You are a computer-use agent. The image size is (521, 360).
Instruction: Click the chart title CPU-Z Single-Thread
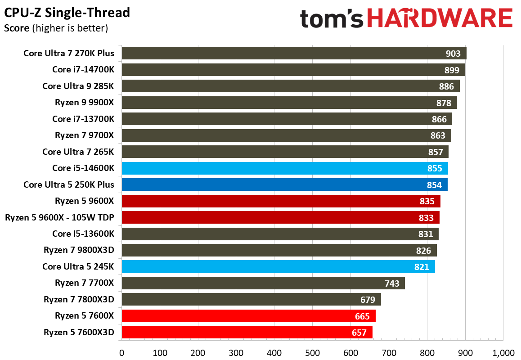click(67, 13)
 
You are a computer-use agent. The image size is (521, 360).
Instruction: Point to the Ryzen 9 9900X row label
click(85, 103)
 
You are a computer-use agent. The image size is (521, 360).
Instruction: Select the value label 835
click(427, 201)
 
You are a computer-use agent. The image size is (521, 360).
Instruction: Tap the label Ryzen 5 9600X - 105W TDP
click(59, 218)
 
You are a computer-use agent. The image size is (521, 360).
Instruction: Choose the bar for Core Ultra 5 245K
click(278, 266)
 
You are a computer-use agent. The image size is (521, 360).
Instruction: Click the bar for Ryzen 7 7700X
click(263, 283)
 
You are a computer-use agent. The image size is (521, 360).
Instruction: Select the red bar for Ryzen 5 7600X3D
click(247, 332)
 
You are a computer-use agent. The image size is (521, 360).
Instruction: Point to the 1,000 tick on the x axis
click(503, 353)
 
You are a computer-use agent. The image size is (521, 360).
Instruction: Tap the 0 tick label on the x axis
click(121, 353)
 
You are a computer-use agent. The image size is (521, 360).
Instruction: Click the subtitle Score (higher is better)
click(56, 28)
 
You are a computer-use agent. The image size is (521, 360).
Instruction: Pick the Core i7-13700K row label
click(83, 119)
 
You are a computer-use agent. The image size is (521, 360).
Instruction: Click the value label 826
click(423, 251)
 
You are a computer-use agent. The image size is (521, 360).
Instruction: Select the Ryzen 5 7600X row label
click(85, 316)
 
